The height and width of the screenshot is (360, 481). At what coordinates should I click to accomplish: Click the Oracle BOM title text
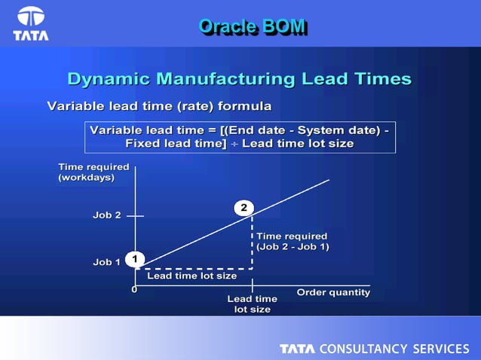coord(253,26)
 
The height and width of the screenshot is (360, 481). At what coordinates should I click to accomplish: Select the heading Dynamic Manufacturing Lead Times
coord(239,79)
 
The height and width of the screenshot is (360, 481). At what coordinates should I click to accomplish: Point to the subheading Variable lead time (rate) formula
coord(159,105)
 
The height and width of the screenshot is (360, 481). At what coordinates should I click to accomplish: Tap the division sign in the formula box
coord(234,144)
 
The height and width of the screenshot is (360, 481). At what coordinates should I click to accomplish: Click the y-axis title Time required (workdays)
coord(93,172)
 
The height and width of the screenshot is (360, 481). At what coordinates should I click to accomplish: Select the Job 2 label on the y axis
coord(107,215)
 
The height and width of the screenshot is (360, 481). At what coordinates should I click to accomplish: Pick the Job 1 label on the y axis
coord(107,262)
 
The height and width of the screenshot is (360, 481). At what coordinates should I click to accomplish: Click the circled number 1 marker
coord(134,259)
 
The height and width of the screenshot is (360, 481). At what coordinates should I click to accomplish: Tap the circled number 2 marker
coord(244,206)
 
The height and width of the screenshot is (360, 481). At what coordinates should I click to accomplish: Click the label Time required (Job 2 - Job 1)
coord(293,241)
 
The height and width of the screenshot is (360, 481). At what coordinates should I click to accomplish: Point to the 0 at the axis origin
coord(134,288)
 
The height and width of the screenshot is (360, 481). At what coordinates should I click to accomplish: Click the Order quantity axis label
coord(333,292)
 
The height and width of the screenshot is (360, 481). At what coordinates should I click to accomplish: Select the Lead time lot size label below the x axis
coord(252,304)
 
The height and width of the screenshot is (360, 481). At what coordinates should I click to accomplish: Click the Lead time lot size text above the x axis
coord(191,276)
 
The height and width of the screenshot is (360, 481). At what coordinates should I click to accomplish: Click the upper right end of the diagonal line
coord(328,181)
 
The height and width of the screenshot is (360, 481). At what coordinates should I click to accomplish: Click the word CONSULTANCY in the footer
coord(365,349)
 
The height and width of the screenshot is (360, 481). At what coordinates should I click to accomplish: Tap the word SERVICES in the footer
coord(440,349)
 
